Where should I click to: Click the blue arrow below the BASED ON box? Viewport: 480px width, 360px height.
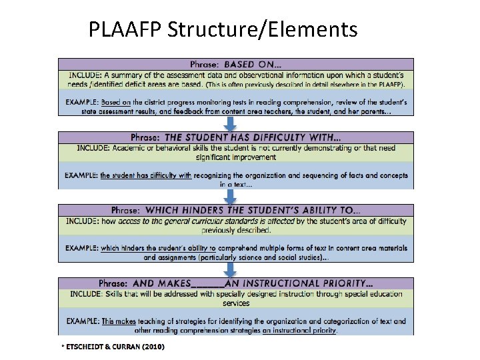click(229, 123)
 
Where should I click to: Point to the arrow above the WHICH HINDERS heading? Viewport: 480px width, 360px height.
click(229, 196)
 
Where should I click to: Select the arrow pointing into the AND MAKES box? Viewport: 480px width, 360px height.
click(229, 269)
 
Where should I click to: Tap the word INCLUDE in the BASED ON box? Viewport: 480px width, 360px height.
click(85, 74)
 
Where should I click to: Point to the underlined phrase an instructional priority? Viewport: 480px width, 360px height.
click(299, 329)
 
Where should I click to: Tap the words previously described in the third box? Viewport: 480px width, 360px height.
click(236, 230)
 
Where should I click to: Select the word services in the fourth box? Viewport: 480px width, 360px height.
click(236, 303)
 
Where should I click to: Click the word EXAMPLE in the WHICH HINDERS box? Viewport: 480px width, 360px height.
click(81, 248)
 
